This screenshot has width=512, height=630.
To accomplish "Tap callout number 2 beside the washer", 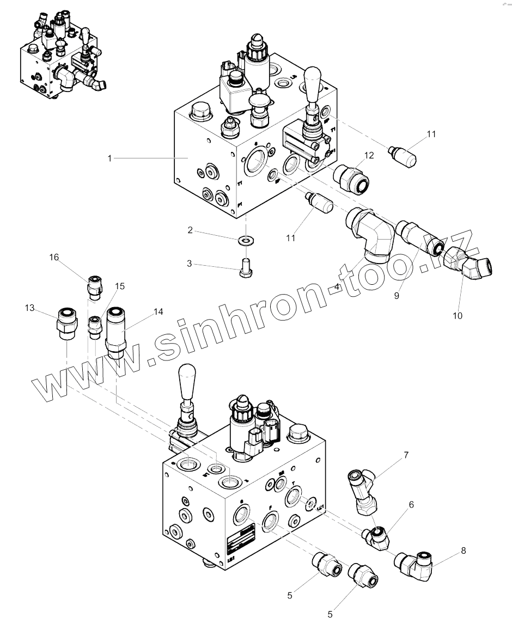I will pos(190,230).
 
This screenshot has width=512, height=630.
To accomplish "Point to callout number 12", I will pos(369,155).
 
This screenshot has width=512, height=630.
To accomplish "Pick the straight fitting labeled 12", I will pos(351,177).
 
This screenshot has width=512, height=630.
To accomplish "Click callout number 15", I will pos(120,285).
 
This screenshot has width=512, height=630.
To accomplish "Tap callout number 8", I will pos(464,550).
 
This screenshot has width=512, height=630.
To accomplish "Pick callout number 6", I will pos(411,505).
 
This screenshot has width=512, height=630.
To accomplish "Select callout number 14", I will pos(158,312).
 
